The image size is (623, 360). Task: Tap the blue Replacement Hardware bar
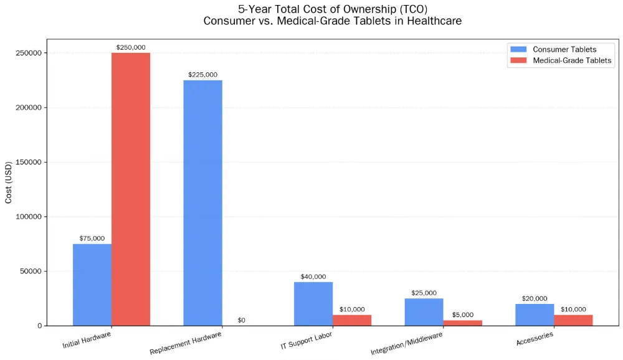click(202, 202)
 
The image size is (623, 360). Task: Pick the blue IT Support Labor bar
click(313, 303)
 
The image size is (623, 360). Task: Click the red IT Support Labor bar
click(352, 320)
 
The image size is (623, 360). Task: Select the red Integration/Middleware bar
click(462, 323)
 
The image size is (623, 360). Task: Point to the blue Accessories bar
click(535, 315)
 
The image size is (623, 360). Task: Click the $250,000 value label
click(131, 47)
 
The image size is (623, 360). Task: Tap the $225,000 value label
click(202, 74)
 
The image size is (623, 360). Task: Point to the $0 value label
click(241, 320)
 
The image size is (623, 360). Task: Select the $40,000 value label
click(313, 277)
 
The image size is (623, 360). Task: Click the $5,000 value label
click(462, 315)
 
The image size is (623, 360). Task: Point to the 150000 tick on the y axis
click(28, 162)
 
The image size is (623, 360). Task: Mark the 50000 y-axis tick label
click(30, 271)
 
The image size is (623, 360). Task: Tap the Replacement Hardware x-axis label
click(186, 343)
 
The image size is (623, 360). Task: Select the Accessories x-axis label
click(535, 339)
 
